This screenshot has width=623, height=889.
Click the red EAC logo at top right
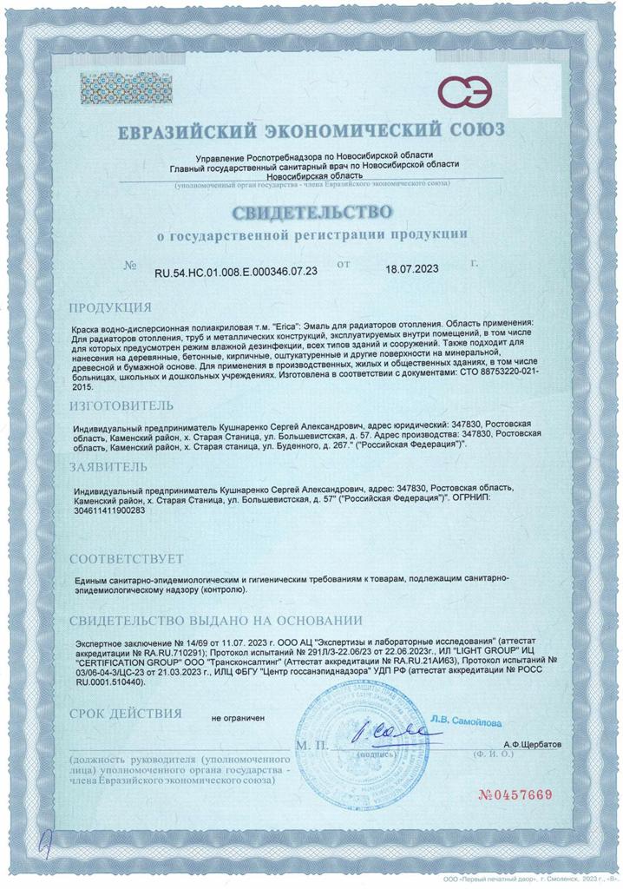coord(463,90)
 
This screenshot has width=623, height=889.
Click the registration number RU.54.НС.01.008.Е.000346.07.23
coord(235,271)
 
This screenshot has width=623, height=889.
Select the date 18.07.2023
coord(413,270)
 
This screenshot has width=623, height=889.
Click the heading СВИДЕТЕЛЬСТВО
coord(311,212)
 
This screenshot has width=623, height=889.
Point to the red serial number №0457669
coord(515,795)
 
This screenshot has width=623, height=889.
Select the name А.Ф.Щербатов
coord(532,745)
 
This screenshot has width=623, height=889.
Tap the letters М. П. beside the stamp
coord(311,746)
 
